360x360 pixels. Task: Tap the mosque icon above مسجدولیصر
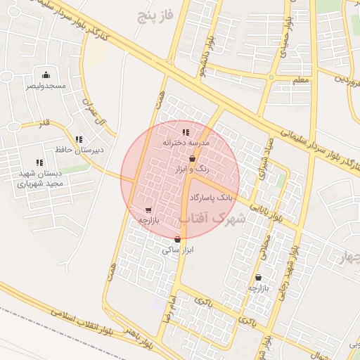click(x=46, y=75)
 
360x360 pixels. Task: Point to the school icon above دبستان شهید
click(x=39, y=162)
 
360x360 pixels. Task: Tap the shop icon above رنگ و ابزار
click(x=192, y=159)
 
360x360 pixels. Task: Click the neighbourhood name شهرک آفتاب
click(x=213, y=219)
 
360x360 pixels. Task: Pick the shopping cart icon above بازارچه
click(x=148, y=210)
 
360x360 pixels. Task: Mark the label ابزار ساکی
click(x=178, y=250)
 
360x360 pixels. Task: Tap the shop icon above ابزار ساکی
click(x=177, y=239)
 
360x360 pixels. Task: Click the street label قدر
click(x=44, y=123)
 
